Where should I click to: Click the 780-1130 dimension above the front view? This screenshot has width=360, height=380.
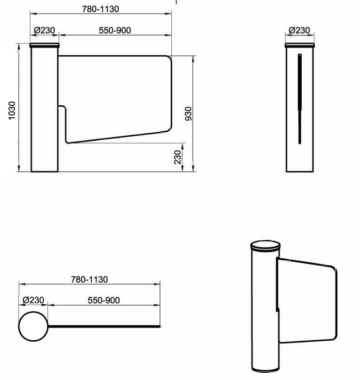pos(100,9)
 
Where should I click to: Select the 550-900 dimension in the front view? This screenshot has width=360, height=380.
pos(115,30)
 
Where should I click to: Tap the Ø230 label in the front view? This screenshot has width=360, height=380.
pos(45,30)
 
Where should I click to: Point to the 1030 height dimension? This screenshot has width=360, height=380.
pos(12,111)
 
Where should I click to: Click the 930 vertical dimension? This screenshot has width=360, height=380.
pos(188,113)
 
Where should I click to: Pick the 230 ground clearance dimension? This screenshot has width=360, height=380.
pos(178,157)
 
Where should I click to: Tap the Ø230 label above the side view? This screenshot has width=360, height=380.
pos(299,30)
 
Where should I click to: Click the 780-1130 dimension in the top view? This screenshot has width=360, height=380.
pos(89,279)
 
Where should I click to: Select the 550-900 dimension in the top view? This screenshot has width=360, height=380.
pos(104,301)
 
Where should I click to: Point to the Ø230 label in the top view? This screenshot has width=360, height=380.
pos(33,300)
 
